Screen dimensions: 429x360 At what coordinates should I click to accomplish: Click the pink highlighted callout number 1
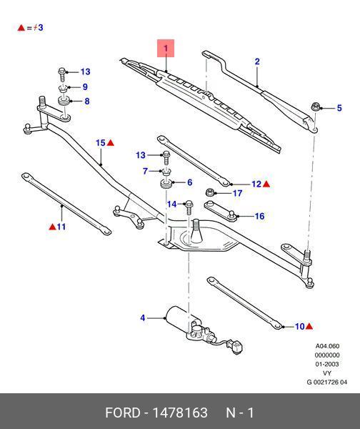(166, 49)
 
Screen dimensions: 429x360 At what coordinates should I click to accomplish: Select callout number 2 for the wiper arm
(257, 62)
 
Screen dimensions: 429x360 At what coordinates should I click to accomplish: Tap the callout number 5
(339, 108)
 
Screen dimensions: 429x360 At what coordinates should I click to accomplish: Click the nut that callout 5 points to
(315, 108)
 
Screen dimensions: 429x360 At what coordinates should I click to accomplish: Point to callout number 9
(85, 87)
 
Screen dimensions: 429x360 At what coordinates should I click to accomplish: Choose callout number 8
(87, 102)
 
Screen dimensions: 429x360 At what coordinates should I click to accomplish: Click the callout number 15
(101, 144)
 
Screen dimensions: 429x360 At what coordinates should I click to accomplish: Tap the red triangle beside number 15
(111, 144)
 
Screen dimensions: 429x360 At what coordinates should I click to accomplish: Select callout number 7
(145, 171)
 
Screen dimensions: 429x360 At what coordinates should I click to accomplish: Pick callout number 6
(189, 183)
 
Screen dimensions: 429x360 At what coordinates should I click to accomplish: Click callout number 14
(171, 204)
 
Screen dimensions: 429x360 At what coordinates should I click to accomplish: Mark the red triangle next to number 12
(266, 184)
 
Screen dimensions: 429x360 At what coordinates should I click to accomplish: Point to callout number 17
(238, 193)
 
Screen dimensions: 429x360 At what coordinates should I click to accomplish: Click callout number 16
(259, 217)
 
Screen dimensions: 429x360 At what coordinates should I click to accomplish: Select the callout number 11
(61, 227)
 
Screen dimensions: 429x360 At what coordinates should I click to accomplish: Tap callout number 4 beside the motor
(143, 318)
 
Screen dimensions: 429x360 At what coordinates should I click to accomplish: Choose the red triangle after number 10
(310, 327)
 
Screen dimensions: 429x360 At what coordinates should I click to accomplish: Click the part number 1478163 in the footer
(176, 413)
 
